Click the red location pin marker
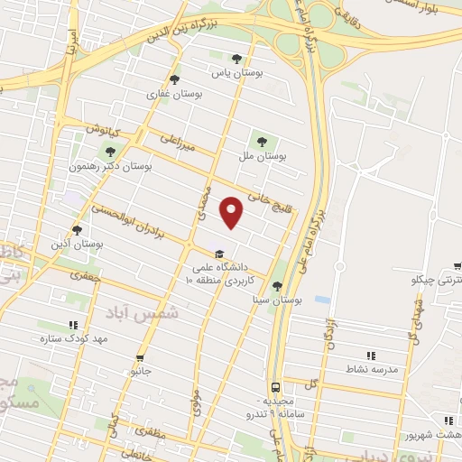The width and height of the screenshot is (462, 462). click(233, 211)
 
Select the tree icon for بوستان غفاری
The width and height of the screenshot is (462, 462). click(174, 79)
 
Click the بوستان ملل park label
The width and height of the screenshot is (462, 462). click(262, 157)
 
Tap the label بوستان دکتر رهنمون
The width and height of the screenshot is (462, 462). click(111, 167)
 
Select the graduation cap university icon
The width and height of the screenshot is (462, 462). click(219, 253)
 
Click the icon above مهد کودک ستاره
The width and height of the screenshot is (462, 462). click(72, 325)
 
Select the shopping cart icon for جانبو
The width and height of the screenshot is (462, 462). click(139, 357)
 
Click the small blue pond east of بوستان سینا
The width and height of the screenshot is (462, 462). click(322, 299)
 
